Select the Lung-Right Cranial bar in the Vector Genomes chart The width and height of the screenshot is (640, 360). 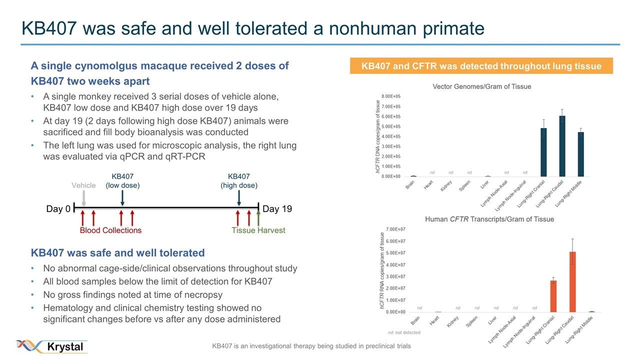pyautogui.click(x=543, y=152)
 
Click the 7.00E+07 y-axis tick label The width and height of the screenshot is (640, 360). pyautogui.click(x=395, y=229)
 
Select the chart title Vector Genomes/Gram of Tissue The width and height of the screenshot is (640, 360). pyautogui.click(x=481, y=86)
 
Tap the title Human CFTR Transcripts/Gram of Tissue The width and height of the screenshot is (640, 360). pyautogui.click(x=489, y=219)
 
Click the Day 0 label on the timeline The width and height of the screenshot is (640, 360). pyautogui.click(x=58, y=209)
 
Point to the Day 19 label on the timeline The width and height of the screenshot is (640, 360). pyautogui.click(x=277, y=209)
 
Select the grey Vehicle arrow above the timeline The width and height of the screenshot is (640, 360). pyautogui.click(x=83, y=198)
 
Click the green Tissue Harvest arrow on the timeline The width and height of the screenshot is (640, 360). pyautogui.click(x=258, y=218)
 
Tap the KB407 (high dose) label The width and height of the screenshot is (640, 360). pyautogui.click(x=239, y=181)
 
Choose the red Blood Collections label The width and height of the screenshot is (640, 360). pyautogui.click(x=110, y=230)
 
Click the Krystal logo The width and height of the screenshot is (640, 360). pyautogui.click(x=52, y=346)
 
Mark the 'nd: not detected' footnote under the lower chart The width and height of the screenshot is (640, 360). pyautogui.click(x=404, y=332)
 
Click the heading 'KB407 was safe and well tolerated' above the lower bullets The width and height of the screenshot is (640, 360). pyautogui.click(x=118, y=252)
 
